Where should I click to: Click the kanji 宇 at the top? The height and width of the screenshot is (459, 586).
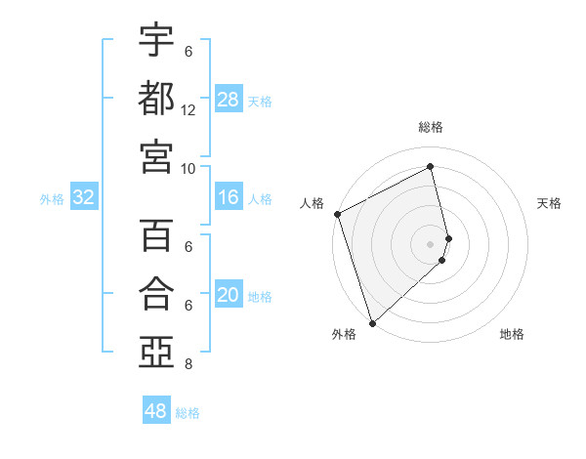tap(156, 40)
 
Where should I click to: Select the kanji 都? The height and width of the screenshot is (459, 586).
tap(156, 98)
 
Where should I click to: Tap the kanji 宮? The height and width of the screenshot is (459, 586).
tap(156, 155)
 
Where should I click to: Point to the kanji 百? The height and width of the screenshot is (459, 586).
tap(156, 235)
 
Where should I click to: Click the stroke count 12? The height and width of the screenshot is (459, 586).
tap(188, 110)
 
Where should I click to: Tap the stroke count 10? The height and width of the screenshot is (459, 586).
tap(188, 168)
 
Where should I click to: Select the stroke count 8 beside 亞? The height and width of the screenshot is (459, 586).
tap(188, 364)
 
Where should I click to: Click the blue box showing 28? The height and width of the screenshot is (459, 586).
tap(229, 99)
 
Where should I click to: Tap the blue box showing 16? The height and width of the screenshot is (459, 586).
tap(229, 198)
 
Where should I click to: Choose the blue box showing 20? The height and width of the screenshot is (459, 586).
tap(229, 296)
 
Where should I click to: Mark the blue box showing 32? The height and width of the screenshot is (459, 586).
tap(83, 198)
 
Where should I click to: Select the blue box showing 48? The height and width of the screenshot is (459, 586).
tap(156, 411)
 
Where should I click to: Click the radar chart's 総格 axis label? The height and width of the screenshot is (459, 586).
tap(431, 127)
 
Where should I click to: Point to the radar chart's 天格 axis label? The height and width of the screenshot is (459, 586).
tap(550, 203)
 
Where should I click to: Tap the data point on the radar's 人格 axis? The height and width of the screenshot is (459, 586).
tap(337, 214)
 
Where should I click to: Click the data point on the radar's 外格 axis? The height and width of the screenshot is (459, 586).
tap(372, 322)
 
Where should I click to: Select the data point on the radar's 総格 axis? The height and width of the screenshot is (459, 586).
tap(431, 166)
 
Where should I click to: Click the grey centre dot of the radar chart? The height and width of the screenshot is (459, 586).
tap(431, 243)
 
